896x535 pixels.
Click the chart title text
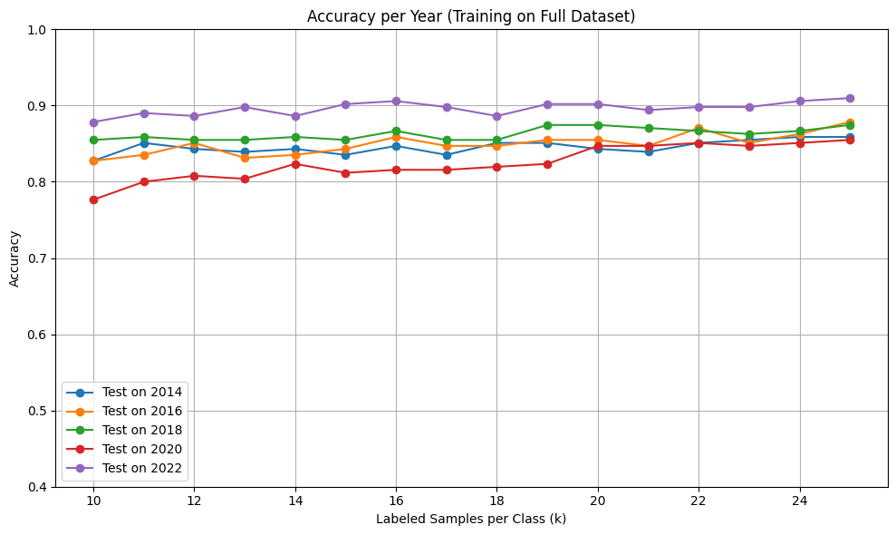coord(471,15)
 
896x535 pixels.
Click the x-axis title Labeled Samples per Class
coord(471,519)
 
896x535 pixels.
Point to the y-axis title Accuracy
coord(14,258)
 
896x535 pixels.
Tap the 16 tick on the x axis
coord(395,500)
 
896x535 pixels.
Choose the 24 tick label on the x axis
coord(799,500)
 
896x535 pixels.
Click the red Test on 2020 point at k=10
coord(93,199)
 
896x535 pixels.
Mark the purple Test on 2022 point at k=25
coord(850,98)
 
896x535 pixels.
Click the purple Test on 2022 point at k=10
coord(93,122)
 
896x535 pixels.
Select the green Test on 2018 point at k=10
coord(93,140)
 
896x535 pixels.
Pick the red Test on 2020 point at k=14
coord(294,164)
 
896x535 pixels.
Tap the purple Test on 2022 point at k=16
coord(395,101)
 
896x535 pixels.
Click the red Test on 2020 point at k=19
coord(547,164)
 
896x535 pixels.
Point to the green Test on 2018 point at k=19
coord(547,125)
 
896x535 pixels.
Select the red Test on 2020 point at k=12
coord(194,176)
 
